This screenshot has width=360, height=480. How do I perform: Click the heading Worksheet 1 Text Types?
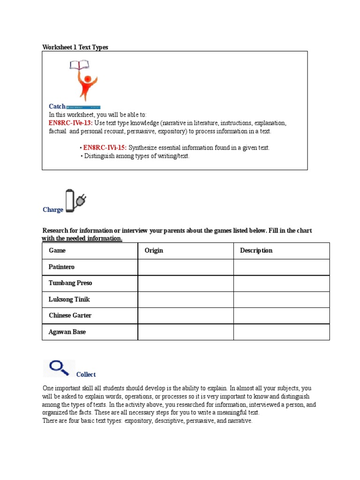[75, 47]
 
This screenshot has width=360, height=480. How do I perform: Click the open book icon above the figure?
[80, 65]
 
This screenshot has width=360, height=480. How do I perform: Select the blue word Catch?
[57, 106]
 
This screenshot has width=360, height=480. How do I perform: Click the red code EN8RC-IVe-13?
[70, 123]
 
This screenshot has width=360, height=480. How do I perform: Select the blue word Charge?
[53, 210]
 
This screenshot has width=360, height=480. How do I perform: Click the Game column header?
[57, 251]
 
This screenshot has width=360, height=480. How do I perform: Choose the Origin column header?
[154, 251]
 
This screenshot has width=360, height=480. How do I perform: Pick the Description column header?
[256, 251]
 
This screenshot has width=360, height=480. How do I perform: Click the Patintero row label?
[61, 267]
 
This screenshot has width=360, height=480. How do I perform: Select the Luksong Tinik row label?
[69, 300]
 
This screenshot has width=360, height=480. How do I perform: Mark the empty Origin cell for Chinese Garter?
[185, 315]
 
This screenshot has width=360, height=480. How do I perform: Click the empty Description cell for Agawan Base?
[281, 332]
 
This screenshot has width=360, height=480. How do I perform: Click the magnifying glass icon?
[59, 367]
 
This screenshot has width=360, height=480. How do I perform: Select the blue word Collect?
[86, 375]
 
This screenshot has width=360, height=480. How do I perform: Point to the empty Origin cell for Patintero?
[185, 267]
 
